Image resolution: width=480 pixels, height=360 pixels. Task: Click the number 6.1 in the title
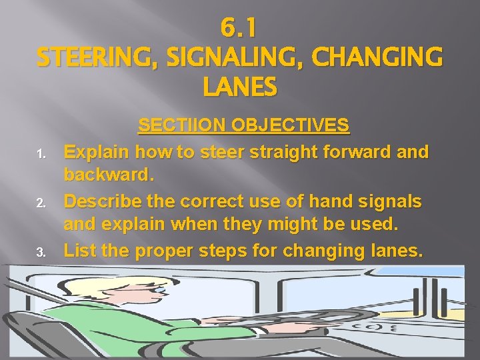(x=239, y=29)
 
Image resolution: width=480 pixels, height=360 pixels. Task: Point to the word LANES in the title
(x=239, y=87)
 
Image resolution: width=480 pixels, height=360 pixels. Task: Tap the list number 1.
(x=41, y=155)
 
